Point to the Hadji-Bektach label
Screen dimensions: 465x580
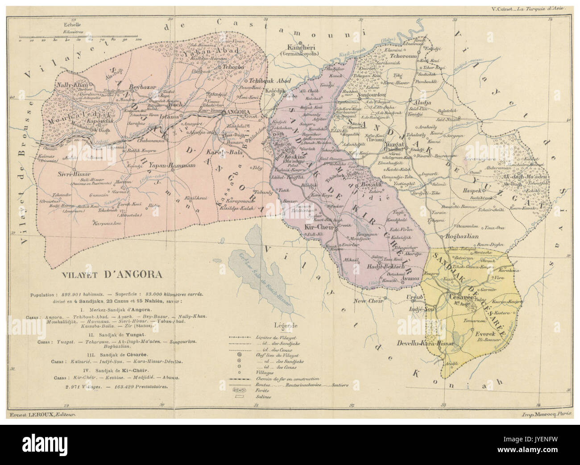[386, 266]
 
